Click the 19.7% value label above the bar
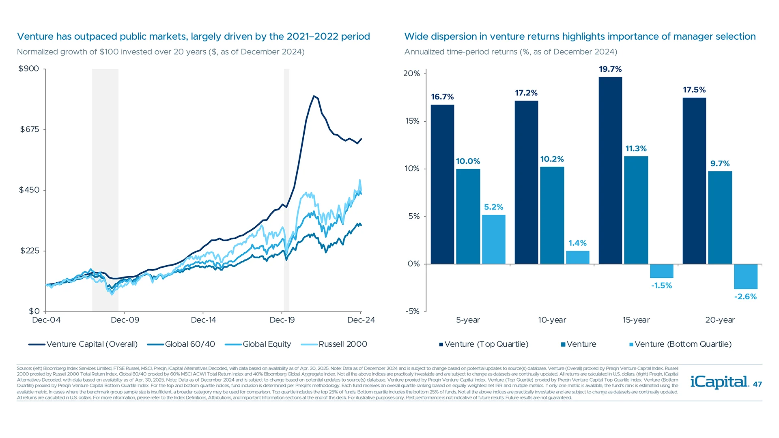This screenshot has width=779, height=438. pyautogui.click(x=610, y=69)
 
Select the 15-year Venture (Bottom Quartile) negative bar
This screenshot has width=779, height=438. pyautogui.click(x=661, y=271)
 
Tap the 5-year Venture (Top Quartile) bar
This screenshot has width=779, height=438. pyautogui.click(x=442, y=185)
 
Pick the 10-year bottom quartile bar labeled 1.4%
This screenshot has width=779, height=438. pyautogui.click(x=577, y=258)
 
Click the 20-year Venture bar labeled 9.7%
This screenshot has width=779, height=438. pyautogui.click(x=720, y=218)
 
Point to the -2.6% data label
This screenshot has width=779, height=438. pyautogui.click(x=745, y=296)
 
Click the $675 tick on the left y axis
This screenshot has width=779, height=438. pyautogui.click(x=30, y=129)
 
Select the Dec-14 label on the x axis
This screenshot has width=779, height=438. pyautogui.click(x=203, y=320)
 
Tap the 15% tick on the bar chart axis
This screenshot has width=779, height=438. pyautogui.click(x=412, y=121)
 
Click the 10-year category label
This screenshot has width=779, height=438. pyautogui.click(x=552, y=320)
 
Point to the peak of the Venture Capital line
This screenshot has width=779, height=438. pyautogui.click(x=314, y=96)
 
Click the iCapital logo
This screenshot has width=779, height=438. pyautogui.click(x=719, y=382)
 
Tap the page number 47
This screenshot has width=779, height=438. pyautogui.click(x=757, y=384)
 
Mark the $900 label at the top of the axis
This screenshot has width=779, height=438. pyautogui.click(x=28, y=69)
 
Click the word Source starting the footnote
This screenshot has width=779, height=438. pyautogui.click(x=24, y=368)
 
